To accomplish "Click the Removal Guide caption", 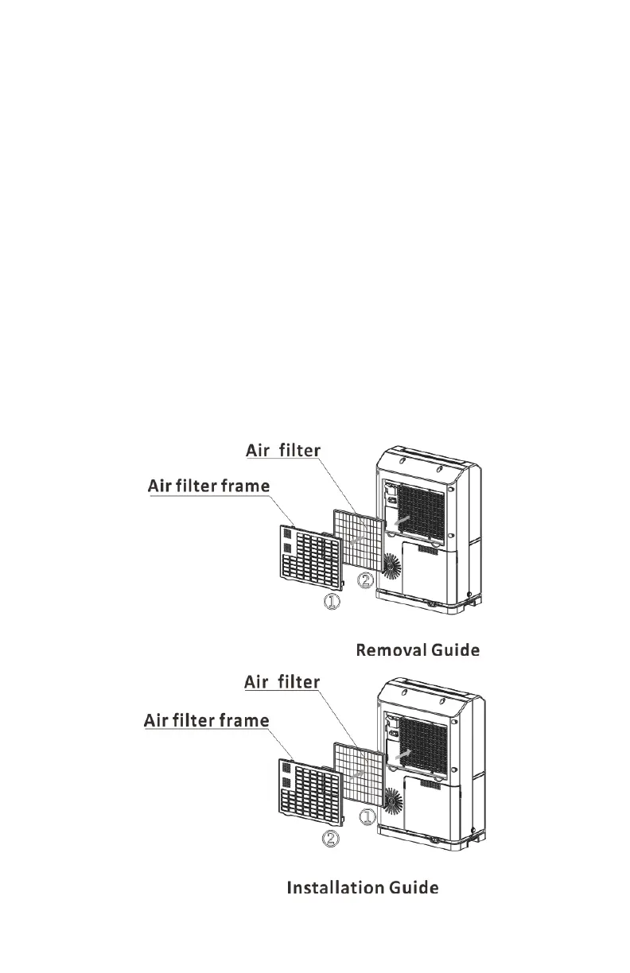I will click(417, 651).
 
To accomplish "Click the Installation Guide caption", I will click(362, 887).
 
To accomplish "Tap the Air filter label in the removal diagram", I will click(282, 451).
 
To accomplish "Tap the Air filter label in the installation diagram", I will click(282, 682).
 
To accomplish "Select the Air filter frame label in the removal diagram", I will click(209, 486).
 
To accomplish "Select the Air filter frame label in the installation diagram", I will click(206, 721).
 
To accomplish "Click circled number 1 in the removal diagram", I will click(332, 603).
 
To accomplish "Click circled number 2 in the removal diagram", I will click(365, 581).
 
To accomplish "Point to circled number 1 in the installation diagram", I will click(367, 816).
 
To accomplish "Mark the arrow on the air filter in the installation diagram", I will click(360, 772).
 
